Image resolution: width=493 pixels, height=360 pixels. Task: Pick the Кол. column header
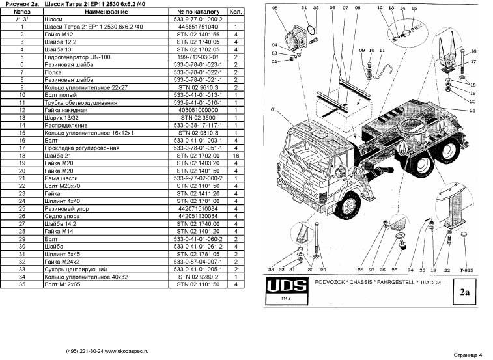click(x=235, y=12)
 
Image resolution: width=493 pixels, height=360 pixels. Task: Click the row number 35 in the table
click(x=22, y=283)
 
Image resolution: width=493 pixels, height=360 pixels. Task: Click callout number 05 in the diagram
click(x=274, y=7)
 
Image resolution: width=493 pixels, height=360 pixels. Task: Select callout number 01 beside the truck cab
click(x=274, y=109)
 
